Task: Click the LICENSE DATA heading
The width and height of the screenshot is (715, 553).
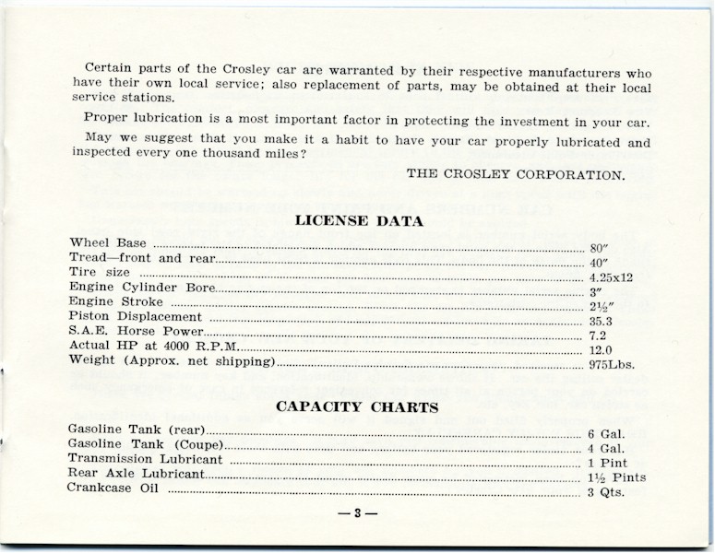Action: (359, 221)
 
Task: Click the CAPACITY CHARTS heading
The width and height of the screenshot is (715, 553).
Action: (357, 407)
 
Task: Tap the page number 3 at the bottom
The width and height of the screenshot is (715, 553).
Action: (357, 513)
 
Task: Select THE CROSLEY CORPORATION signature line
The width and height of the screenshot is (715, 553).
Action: (516, 173)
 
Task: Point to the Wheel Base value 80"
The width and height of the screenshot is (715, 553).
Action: (598, 248)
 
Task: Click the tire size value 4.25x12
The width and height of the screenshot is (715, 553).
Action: (610, 277)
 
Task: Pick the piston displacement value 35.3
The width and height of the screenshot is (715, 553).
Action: (601, 322)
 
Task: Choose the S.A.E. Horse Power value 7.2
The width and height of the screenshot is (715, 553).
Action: (598, 336)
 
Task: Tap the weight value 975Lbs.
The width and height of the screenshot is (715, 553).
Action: (612, 365)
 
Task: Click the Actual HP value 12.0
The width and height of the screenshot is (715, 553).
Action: (601, 351)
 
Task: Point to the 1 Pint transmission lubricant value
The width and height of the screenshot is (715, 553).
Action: (609, 463)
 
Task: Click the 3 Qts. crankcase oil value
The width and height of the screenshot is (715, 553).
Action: (606, 492)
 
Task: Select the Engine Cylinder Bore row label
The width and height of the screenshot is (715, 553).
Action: (141, 287)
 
